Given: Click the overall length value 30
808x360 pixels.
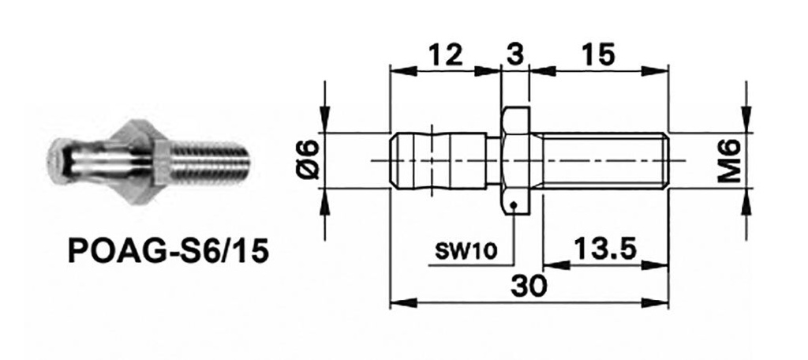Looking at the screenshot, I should click(x=528, y=284).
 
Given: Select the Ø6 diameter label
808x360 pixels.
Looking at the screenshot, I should click(x=309, y=159).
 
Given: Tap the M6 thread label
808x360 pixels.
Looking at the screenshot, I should click(x=733, y=159).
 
